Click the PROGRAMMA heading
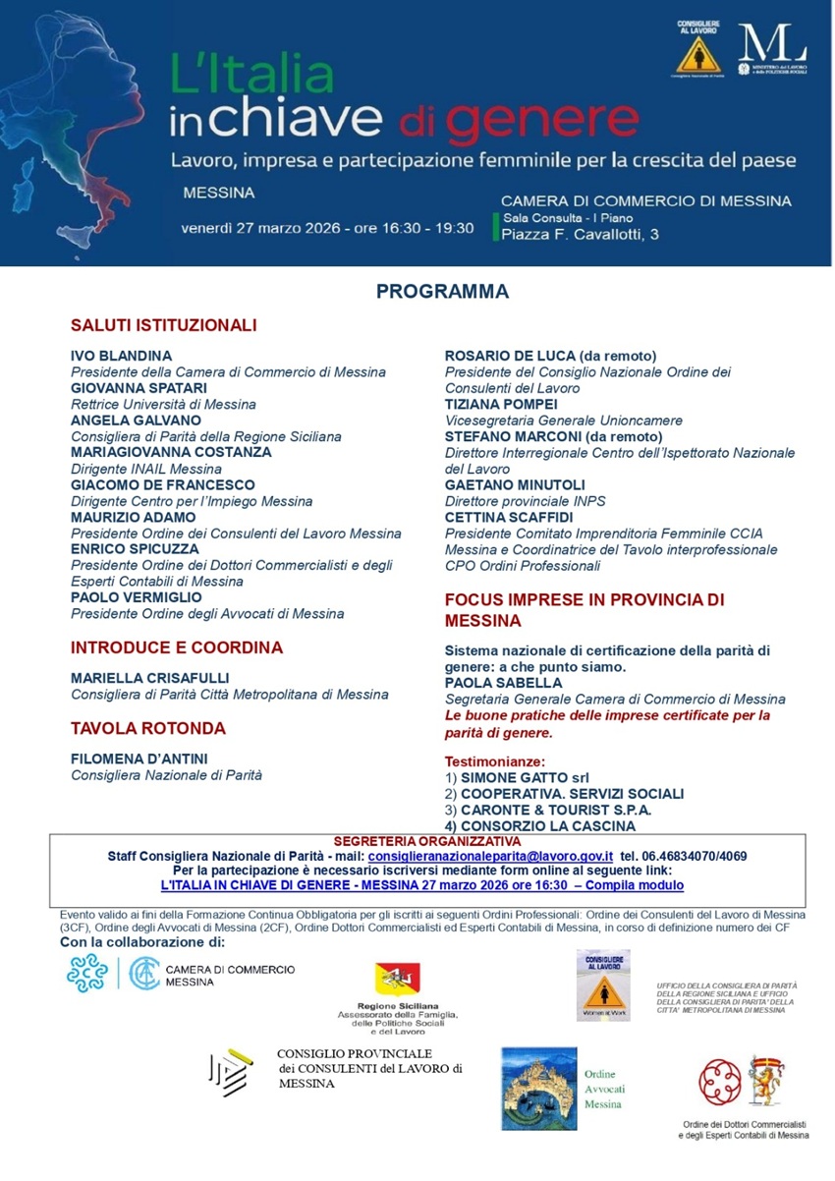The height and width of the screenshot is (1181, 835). pyautogui.click(x=442, y=292)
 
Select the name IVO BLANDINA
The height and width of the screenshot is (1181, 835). pyautogui.click(x=121, y=355)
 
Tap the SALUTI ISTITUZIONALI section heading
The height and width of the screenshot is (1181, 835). pyautogui.click(x=163, y=324)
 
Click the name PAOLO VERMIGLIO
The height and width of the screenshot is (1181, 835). pyautogui.click(x=137, y=596)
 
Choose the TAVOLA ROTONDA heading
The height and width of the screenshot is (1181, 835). pyautogui.click(x=148, y=728)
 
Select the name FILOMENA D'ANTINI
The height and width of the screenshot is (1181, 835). pyautogui.click(x=139, y=759)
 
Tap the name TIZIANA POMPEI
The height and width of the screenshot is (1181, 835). pyautogui.click(x=501, y=404)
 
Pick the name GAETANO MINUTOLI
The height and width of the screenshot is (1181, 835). pyautogui.click(x=515, y=484)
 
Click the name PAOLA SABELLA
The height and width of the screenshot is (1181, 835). pyautogui.click(x=503, y=682)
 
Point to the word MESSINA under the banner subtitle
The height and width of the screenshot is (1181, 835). pyautogui.click(x=219, y=192)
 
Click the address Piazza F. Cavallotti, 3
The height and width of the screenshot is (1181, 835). pyautogui.click(x=581, y=234)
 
